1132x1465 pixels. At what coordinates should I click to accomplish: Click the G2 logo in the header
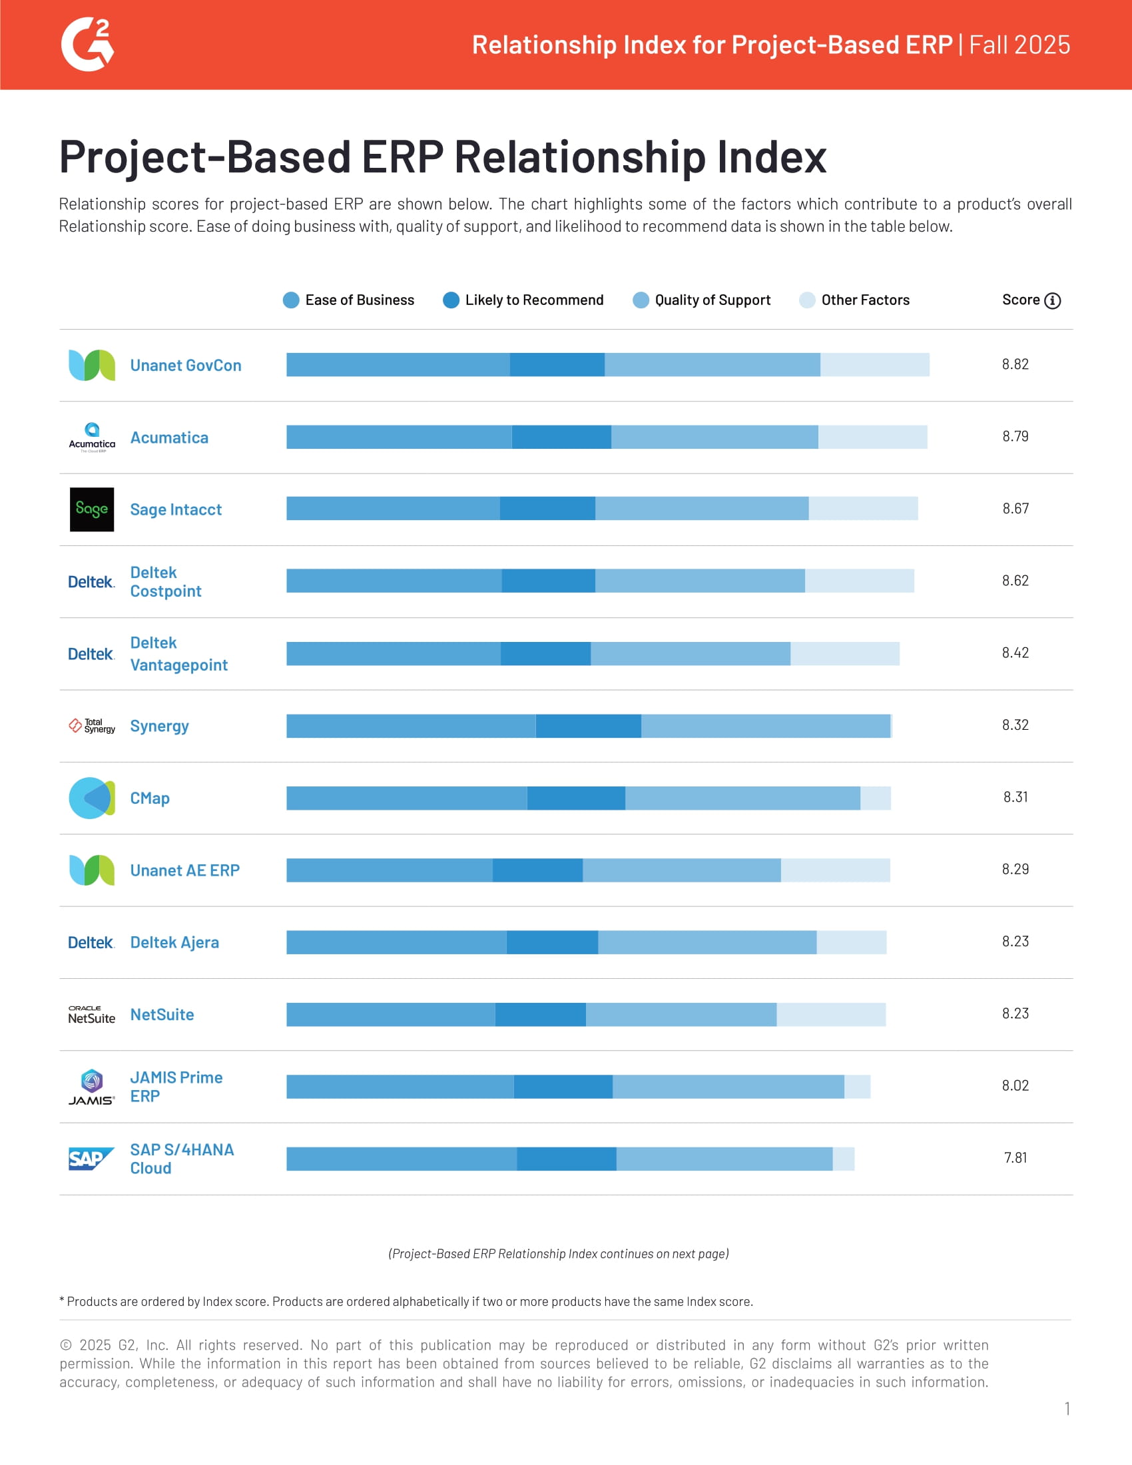coord(87,45)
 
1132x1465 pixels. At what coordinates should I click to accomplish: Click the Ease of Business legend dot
coord(291,300)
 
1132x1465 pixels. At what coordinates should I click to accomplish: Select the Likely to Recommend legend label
coord(534,300)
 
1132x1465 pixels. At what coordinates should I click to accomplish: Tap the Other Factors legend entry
coord(864,300)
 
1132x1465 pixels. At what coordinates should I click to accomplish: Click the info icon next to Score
coord(1052,300)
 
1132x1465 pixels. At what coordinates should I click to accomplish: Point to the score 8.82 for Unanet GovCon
coord(1015,364)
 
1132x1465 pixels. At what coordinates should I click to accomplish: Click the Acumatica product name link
coord(169,438)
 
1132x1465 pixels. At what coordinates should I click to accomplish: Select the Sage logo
coord(92,509)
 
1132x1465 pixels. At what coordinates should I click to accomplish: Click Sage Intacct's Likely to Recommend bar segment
coord(547,509)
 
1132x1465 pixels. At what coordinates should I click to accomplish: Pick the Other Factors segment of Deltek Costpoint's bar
coord(859,581)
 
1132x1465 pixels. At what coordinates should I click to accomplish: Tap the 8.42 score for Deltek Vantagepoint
coord(1015,653)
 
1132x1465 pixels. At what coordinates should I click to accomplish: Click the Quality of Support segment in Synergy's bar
coord(765,726)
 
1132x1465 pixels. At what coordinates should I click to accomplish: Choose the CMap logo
coord(92,798)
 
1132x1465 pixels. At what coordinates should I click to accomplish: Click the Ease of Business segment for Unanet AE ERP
coord(389,870)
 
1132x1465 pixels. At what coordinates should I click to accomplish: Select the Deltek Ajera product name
coord(174,942)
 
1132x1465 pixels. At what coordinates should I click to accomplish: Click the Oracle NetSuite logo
coord(92,1014)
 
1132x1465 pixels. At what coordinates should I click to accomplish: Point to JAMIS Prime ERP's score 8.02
coord(1015,1085)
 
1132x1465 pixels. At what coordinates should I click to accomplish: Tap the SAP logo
coord(92,1159)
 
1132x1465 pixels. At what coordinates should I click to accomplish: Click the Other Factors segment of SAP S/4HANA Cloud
coord(843,1159)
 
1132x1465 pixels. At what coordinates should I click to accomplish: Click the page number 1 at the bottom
coord(1066,1408)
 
